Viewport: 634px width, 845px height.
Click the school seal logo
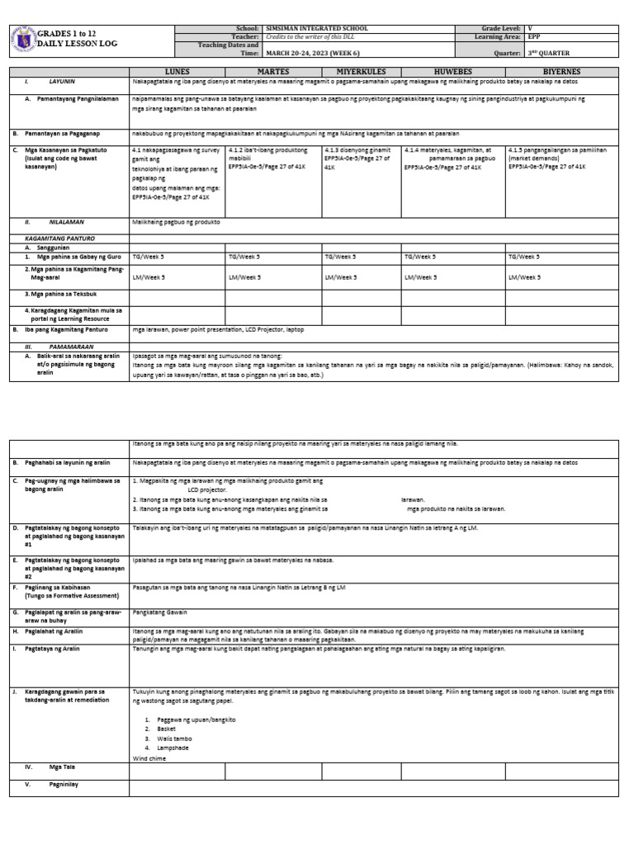point(25,38)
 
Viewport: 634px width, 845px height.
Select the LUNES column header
point(177,72)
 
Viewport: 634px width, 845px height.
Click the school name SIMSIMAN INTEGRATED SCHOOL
point(315,28)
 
